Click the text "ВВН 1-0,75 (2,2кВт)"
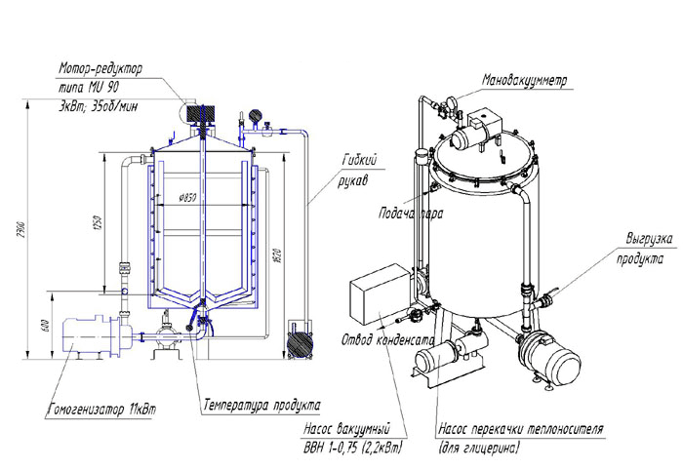(356, 447)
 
